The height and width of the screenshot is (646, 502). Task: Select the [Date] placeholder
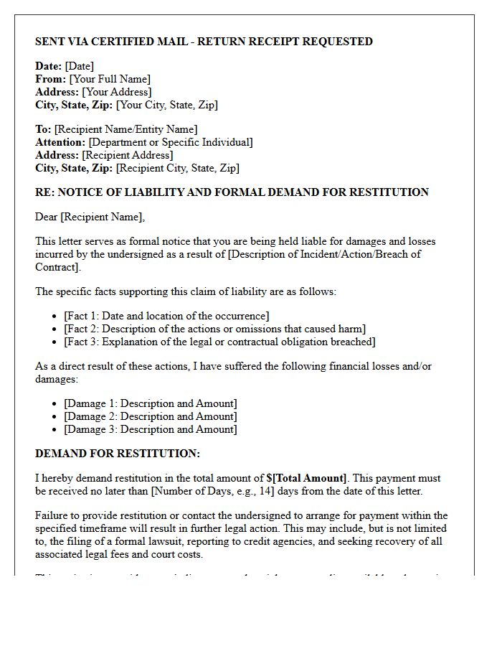point(80,66)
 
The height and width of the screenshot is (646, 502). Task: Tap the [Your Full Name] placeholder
point(110,79)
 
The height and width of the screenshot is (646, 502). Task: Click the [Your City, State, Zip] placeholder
point(166,105)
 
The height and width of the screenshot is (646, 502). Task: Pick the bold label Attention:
point(61,142)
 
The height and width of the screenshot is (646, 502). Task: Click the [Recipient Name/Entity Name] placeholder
point(126,129)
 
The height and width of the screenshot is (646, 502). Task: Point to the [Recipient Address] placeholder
point(128,155)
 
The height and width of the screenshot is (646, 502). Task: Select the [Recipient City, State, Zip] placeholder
point(177,168)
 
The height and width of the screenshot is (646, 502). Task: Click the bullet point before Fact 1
point(56,317)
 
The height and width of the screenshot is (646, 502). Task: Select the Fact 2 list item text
point(214,329)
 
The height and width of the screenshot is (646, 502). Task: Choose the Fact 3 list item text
point(219,342)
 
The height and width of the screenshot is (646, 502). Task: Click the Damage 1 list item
point(150,403)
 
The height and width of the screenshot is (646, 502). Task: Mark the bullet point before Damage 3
point(56,430)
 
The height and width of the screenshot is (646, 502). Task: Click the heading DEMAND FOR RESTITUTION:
point(118,454)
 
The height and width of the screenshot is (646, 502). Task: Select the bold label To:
point(43,129)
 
